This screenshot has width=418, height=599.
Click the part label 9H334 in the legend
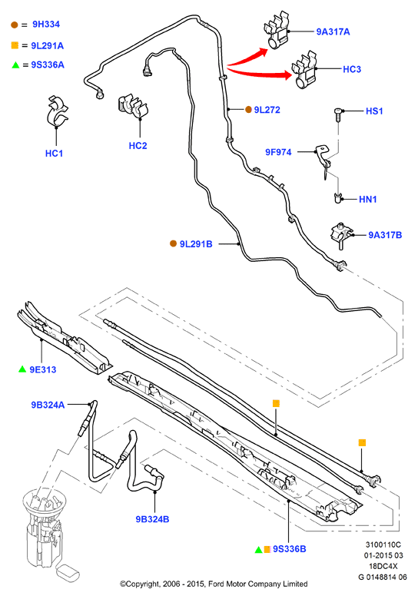tap(46, 25)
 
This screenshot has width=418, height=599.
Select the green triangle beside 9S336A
tap(15, 65)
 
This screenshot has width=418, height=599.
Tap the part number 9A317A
tap(333, 31)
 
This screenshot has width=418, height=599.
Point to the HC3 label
tap(351, 69)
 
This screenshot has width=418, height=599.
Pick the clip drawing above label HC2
tap(133, 105)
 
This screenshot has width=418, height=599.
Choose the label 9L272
tap(267, 110)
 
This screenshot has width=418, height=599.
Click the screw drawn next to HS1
tap(338, 114)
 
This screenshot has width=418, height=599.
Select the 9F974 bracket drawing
tap(323, 161)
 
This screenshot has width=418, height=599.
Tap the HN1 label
tap(367, 199)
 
